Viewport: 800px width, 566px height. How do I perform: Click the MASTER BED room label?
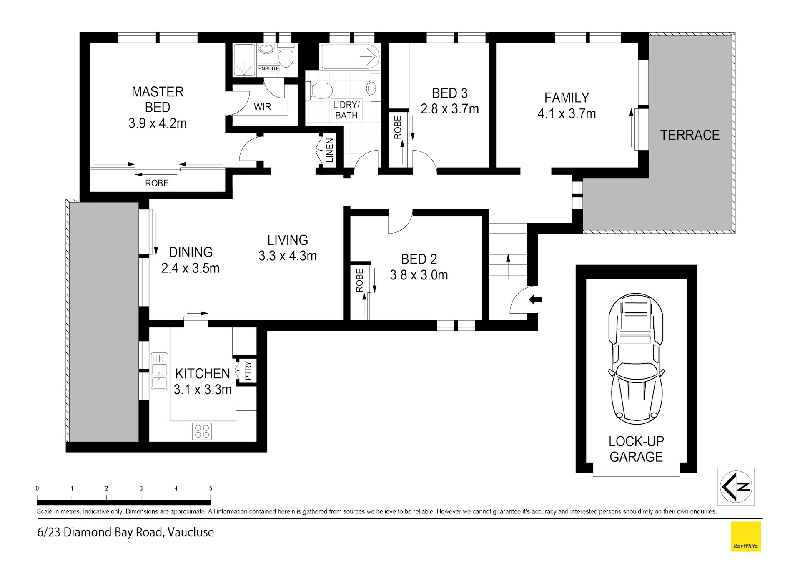[x=157, y=99]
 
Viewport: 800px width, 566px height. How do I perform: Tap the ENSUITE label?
[x=268, y=68]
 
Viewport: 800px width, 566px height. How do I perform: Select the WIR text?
[x=262, y=107]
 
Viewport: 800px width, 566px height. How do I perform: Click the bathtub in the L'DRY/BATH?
[x=350, y=57]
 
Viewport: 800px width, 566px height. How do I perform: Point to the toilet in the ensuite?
[x=286, y=57]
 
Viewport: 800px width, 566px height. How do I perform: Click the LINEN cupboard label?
[x=330, y=151]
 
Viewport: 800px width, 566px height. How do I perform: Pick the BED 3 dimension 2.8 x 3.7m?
[x=449, y=109]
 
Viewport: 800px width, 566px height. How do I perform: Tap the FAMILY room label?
[x=567, y=98]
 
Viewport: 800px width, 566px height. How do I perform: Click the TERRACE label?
[x=690, y=135]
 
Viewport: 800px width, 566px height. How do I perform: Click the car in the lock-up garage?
[x=636, y=359]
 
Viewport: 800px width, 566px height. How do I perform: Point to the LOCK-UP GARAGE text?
[x=636, y=449]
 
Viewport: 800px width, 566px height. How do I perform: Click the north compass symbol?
[x=736, y=486]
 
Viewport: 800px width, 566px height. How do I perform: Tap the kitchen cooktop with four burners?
[x=202, y=431]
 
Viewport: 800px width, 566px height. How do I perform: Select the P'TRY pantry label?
[x=248, y=370]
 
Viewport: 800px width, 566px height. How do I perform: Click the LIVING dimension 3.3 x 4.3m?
[x=287, y=256]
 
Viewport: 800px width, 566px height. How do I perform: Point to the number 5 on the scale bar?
[x=211, y=488]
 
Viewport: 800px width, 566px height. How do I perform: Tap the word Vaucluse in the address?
[x=191, y=532]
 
